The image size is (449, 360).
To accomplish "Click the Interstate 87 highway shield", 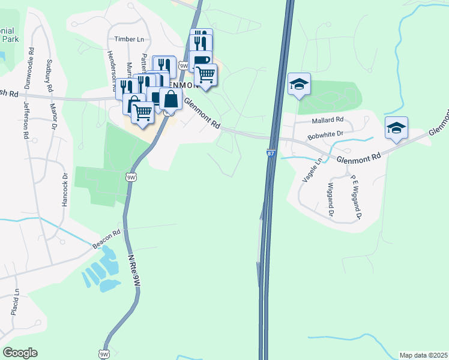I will (x=270, y=154).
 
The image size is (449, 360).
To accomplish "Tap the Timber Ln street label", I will (x=130, y=39).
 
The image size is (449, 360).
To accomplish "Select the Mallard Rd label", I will (x=327, y=120).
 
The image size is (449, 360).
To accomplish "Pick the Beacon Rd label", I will (x=106, y=238).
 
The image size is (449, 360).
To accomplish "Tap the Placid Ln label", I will (x=16, y=304).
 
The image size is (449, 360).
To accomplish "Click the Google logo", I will (x=20, y=353).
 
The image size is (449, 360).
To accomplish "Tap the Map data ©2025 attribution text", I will (x=423, y=355).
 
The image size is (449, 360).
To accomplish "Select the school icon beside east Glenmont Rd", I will (x=396, y=128).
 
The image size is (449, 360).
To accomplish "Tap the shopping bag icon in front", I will (x=170, y=100).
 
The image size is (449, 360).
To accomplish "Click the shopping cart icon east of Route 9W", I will (x=205, y=75).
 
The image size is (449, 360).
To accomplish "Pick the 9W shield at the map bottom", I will (x=104, y=353).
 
